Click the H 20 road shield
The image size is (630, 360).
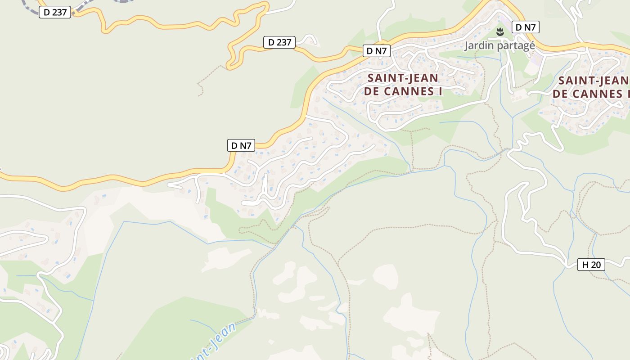tap(591, 265)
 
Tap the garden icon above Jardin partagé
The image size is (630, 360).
tap(499, 32)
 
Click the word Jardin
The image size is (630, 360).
tap(479, 45)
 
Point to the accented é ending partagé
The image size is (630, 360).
tap(532, 45)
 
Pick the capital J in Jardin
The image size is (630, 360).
tap(467, 45)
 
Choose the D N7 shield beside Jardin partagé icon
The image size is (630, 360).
tap(525, 27)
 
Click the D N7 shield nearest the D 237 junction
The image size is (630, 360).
tap(376, 51)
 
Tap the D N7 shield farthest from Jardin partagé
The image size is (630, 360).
tap(241, 145)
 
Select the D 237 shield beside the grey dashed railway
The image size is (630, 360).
tap(55, 12)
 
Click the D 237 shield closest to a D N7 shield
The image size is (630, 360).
tap(279, 42)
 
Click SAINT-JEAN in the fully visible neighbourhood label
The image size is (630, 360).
tap(403, 78)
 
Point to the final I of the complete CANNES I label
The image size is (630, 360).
tap(441, 91)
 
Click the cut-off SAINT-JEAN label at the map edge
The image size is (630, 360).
tap(593, 81)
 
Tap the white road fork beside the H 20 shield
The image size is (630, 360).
tap(568, 262)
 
